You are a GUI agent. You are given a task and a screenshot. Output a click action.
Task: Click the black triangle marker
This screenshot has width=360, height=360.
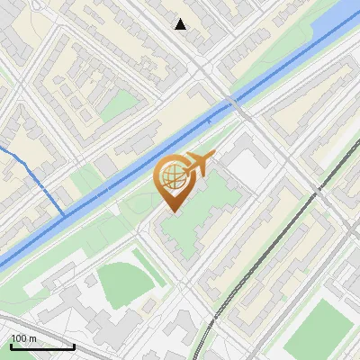pos(181,24)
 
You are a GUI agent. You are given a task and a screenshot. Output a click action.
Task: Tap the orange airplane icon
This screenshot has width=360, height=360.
pos(197,164)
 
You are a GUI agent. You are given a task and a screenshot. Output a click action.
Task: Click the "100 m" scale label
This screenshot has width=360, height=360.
pos(23,338)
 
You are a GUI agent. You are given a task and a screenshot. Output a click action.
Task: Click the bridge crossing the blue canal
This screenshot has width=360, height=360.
pos(237,105)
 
